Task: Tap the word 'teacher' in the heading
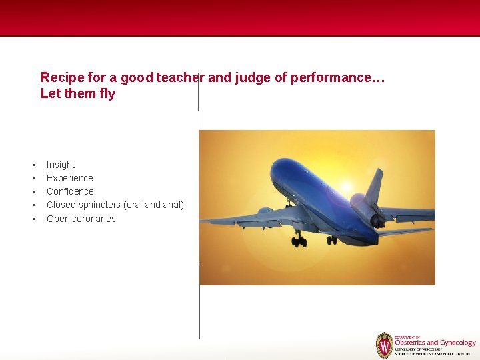(x=179, y=78)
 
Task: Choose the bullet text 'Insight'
(x=61, y=165)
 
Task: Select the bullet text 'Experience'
(x=69, y=178)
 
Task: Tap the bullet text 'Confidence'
(x=70, y=191)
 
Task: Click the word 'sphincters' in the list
(x=99, y=205)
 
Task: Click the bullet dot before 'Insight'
(x=32, y=165)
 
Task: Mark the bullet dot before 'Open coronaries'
(x=32, y=219)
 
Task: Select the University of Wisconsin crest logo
(x=384, y=345)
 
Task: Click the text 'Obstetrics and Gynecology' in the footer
(x=435, y=343)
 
